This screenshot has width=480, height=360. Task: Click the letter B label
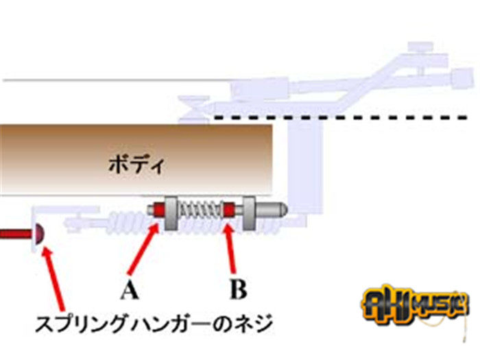(x=237, y=291)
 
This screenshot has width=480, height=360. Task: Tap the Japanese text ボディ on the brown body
(x=137, y=165)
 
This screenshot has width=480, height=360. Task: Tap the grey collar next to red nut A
(x=173, y=208)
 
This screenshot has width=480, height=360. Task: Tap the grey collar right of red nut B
(x=249, y=208)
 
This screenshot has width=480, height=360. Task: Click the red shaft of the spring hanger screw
(x=15, y=235)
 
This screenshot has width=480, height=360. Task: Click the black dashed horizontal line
(x=343, y=117)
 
